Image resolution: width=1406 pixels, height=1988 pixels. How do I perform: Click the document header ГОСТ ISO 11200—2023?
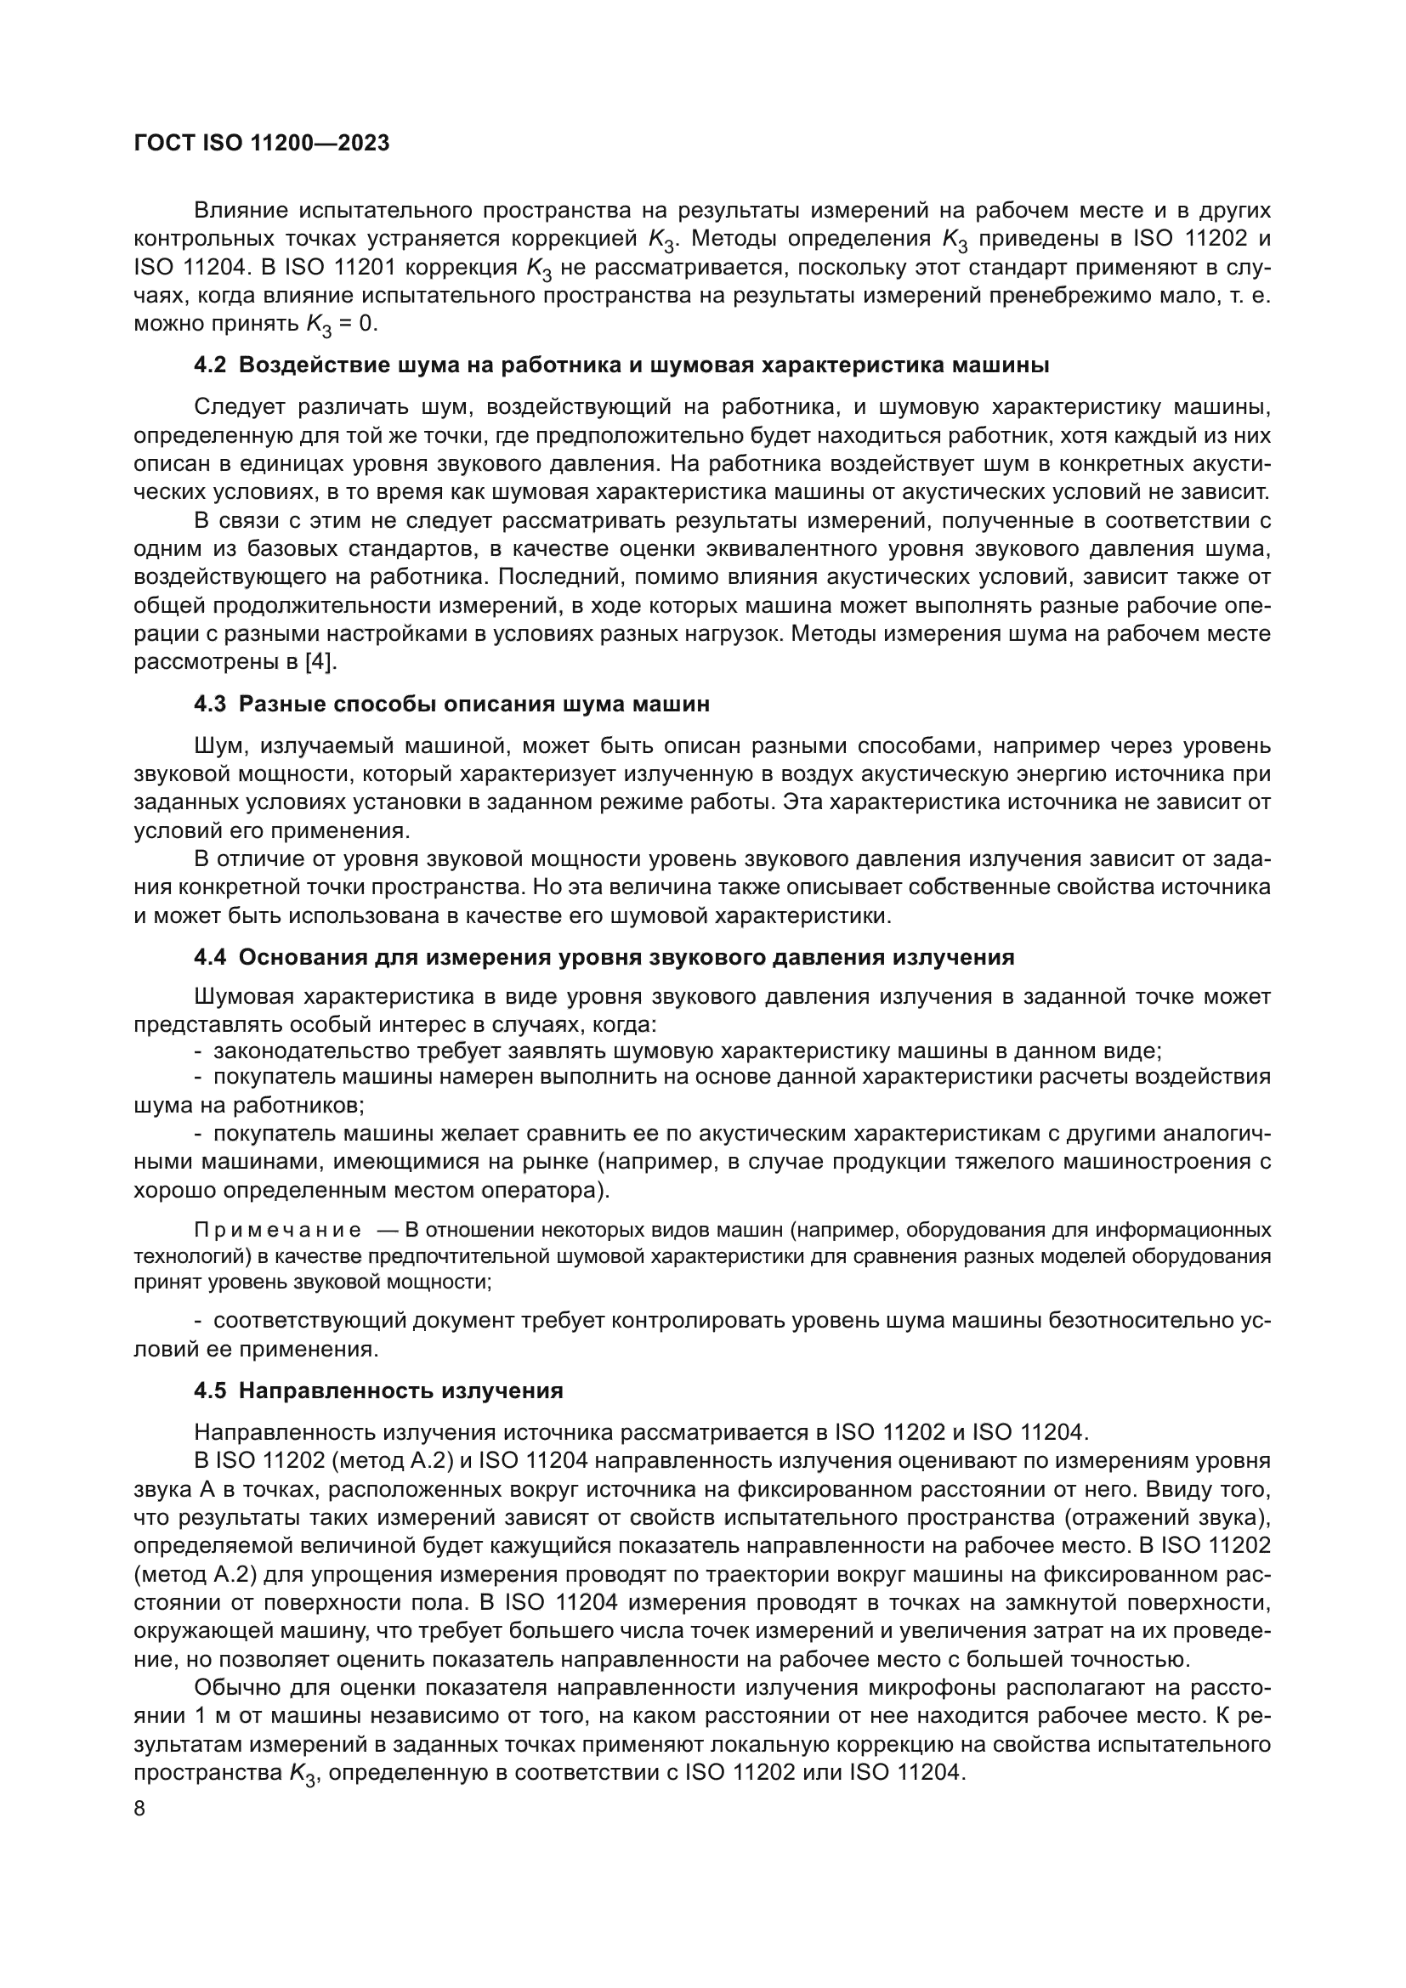tap(262, 143)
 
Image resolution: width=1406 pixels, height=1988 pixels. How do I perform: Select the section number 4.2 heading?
tap(209, 365)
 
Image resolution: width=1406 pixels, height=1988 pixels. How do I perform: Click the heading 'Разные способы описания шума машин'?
tap(473, 704)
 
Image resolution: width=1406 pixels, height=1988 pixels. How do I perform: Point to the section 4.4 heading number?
tap(209, 958)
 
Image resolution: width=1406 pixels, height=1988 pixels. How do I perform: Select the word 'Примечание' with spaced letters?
tap(278, 1231)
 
